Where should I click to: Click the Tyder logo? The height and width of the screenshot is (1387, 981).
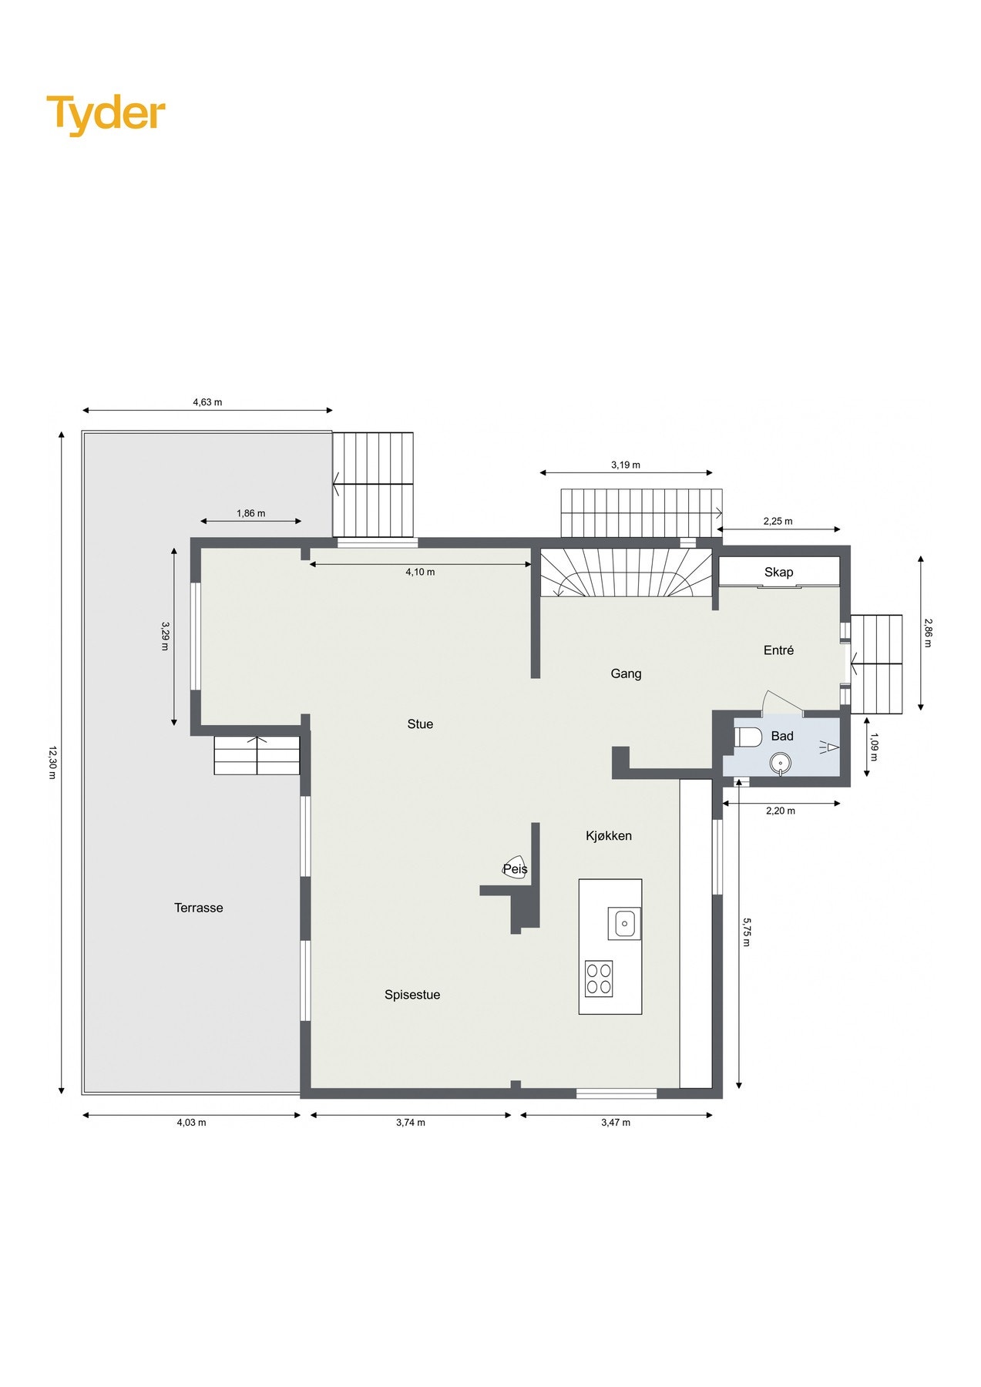pyautogui.click(x=106, y=114)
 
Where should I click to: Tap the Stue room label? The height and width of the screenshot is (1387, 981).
pyautogui.click(x=420, y=724)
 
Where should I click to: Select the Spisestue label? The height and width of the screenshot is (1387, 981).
pyautogui.click(x=412, y=995)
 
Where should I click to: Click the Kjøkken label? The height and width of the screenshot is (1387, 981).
pyautogui.click(x=609, y=835)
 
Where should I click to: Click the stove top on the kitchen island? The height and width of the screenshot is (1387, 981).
pyautogui.click(x=599, y=979)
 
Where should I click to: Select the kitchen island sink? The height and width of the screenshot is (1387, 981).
pyautogui.click(x=624, y=922)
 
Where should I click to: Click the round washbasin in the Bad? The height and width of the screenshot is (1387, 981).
pyautogui.click(x=780, y=764)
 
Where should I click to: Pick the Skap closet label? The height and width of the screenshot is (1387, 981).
pyautogui.click(x=778, y=572)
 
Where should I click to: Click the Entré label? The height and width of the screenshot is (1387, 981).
pyautogui.click(x=778, y=650)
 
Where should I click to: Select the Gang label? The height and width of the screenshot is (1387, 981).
pyautogui.click(x=626, y=673)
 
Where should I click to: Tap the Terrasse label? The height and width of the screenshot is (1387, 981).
pyautogui.click(x=198, y=908)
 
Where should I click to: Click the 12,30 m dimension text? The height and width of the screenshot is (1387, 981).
pyautogui.click(x=52, y=762)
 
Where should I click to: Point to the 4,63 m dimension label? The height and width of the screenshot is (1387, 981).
pyautogui.click(x=207, y=402)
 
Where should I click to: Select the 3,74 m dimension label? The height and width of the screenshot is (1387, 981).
pyautogui.click(x=410, y=1123)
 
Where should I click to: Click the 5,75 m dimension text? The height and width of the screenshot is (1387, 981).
pyautogui.click(x=746, y=931)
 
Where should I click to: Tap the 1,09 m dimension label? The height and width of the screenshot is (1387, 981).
pyautogui.click(x=873, y=746)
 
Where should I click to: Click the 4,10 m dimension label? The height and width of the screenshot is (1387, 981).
pyautogui.click(x=420, y=572)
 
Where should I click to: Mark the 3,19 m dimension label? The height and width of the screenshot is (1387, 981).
pyautogui.click(x=626, y=465)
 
